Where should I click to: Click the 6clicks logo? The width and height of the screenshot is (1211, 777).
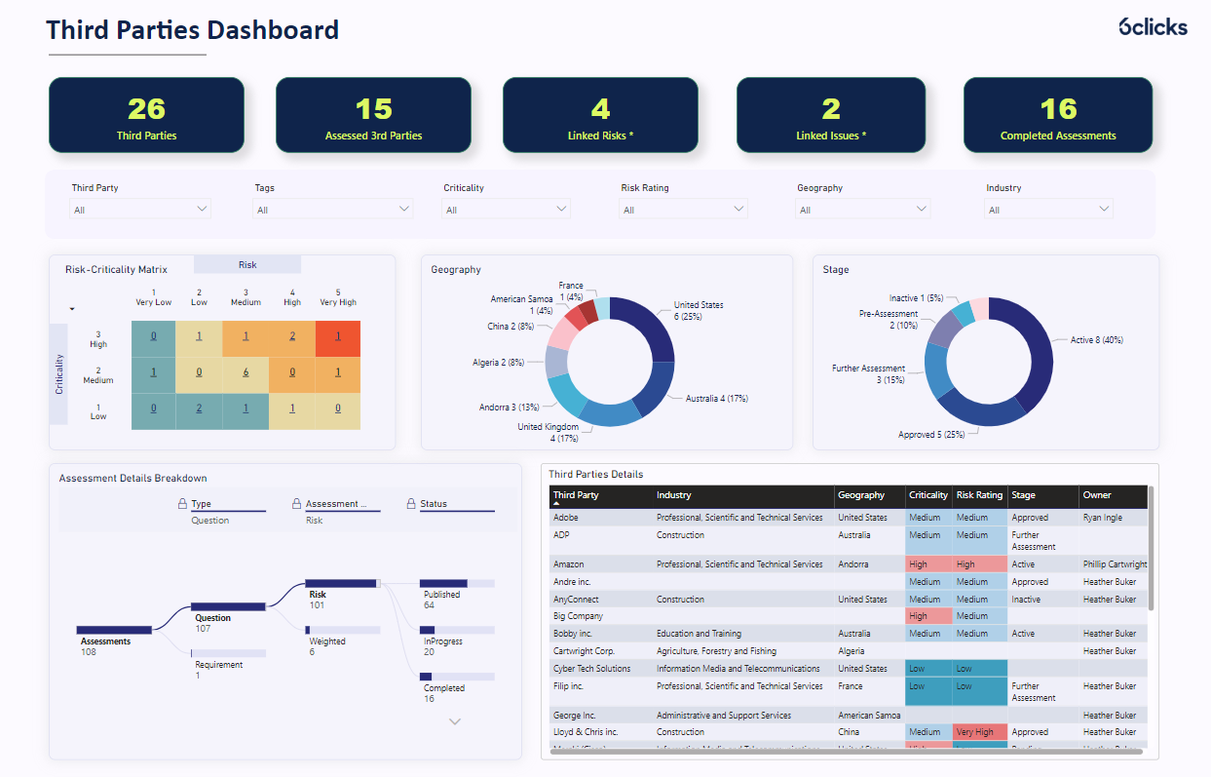(1153, 26)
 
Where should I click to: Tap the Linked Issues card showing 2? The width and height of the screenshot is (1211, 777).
(830, 115)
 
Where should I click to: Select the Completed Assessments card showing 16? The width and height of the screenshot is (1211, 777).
(1057, 115)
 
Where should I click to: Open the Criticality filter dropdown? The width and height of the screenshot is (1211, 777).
(506, 209)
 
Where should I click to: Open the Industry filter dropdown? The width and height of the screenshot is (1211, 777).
(1048, 209)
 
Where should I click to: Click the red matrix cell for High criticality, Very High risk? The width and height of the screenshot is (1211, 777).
(337, 336)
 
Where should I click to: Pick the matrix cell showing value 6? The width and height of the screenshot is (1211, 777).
(246, 372)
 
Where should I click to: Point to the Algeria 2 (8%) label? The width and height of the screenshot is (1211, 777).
(498, 362)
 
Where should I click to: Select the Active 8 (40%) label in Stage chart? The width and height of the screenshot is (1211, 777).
(1096, 340)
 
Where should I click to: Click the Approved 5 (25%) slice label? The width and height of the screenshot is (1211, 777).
(930, 435)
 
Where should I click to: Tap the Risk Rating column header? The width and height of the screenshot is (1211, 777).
(978, 495)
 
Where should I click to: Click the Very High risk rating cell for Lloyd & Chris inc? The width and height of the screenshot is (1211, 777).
(978, 732)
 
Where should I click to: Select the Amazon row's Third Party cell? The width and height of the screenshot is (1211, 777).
(569, 564)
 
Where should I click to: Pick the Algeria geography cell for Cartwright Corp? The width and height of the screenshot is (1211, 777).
(851, 651)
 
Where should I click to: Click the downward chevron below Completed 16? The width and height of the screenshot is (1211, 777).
(454, 721)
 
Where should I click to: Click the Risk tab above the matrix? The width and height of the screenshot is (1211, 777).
(247, 264)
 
